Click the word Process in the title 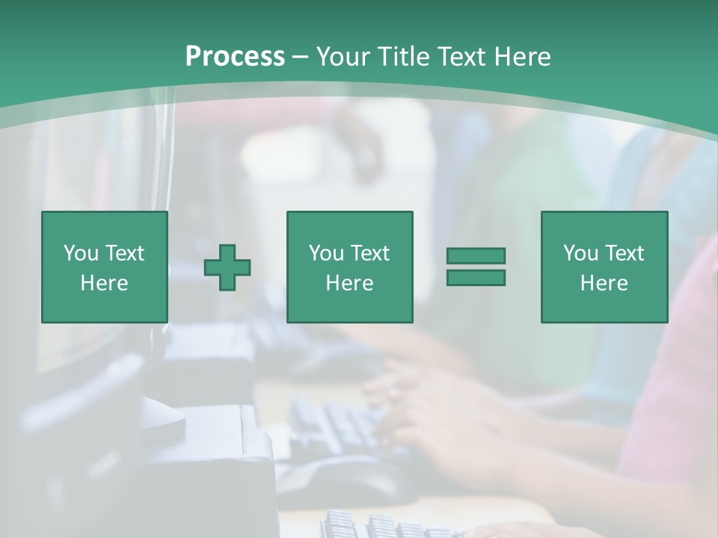pos(235,57)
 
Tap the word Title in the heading pos(403,57)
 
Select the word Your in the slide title pos(343,57)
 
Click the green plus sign pos(227,267)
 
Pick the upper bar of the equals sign pos(476,256)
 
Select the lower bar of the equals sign pos(476,277)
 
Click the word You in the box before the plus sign pos(81,253)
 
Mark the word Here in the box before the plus pos(105,283)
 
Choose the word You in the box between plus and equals pos(326,253)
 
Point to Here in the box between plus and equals pos(350,283)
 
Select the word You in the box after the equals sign pos(580,253)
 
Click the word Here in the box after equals pos(604,283)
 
